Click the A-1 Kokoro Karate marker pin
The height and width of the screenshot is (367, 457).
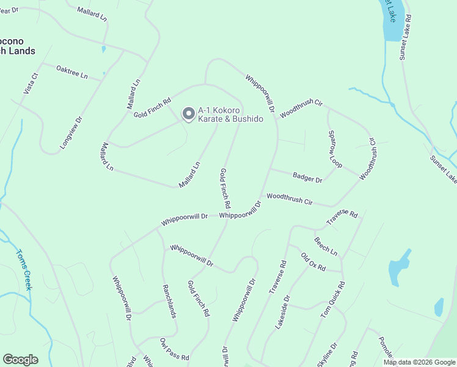189,114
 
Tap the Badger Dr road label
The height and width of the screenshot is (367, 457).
307,178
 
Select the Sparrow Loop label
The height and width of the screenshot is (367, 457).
335,149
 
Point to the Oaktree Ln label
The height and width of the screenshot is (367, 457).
71,72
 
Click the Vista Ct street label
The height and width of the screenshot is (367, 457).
31,83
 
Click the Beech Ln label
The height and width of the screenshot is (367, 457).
326,247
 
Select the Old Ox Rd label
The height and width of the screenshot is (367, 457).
313,261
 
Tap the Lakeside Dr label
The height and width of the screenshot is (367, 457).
282,313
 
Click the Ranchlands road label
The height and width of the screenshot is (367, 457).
169,301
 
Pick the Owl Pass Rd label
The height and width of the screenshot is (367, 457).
175,349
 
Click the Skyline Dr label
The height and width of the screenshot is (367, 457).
327,355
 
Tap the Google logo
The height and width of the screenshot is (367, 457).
20,360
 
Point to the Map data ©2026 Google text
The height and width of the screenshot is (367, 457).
419,362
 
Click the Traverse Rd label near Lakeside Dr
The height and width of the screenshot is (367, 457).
278,277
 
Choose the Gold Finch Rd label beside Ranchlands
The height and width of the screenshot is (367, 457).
199,298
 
